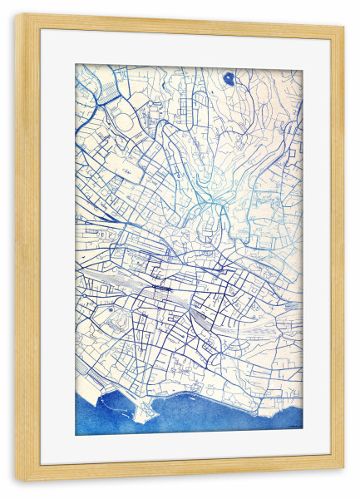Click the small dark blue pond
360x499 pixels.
click(229, 79)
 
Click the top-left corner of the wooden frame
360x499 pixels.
click(17, 17)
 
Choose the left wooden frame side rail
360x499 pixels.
click(27, 249)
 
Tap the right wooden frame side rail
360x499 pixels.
click(336, 249)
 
